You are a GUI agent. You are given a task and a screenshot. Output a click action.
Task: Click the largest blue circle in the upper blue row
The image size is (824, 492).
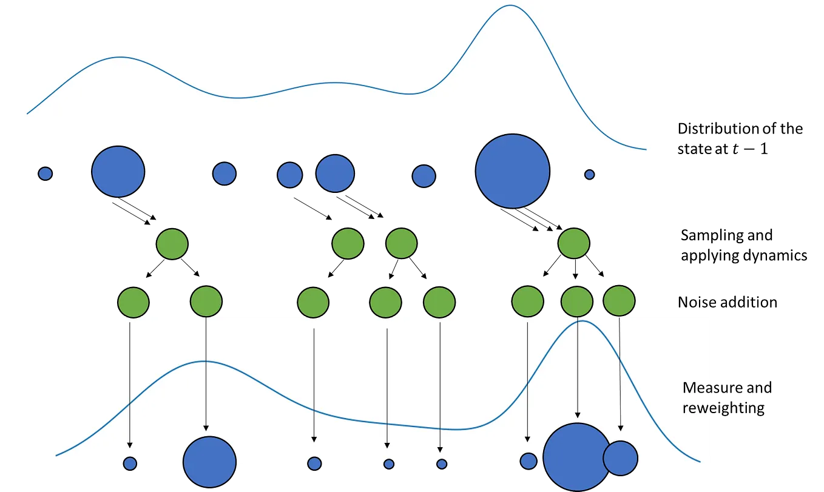pyautogui.click(x=513, y=171)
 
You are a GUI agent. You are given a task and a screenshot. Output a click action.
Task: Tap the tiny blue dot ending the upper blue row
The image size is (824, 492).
pyautogui.click(x=589, y=175)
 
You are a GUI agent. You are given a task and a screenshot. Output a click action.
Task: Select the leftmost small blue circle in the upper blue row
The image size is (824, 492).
pyautogui.click(x=46, y=174)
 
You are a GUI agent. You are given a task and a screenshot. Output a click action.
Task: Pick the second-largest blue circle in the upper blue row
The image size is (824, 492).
pyautogui.click(x=118, y=172)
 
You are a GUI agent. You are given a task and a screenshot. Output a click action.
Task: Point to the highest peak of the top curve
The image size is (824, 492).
pyautogui.click(x=510, y=6)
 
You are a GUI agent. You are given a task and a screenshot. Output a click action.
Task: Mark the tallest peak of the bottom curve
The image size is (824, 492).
pyautogui.click(x=581, y=321)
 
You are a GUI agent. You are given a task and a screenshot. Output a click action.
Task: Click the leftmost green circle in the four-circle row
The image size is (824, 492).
pyautogui.click(x=172, y=244)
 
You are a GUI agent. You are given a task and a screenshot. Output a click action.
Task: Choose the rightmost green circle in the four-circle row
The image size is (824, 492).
pyautogui.click(x=574, y=243)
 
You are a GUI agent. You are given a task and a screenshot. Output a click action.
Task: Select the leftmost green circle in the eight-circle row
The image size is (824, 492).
pyautogui.click(x=133, y=302)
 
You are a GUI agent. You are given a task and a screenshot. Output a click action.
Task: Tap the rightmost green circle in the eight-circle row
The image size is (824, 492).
pyautogui.click(x=619, y=301)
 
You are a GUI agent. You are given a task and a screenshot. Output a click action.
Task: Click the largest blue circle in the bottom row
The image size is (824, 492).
pyautogui.click(x=576, y=456)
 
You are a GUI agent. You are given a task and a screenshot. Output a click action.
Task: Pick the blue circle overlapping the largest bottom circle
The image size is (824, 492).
pyautogui.click(x=621, y=457)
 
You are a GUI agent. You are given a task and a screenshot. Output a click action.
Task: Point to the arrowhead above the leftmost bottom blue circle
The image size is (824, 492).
pyautogui.click(x=130, y=445)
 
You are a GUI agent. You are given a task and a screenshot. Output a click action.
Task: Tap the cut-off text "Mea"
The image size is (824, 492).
pyautogui.click(x=695, y=388)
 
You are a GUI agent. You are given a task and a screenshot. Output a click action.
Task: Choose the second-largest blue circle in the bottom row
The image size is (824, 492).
pyautogui.click(x=210, y=462)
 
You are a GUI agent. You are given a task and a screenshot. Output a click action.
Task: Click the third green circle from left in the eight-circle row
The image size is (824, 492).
pyautogui.click(x=313, y=302)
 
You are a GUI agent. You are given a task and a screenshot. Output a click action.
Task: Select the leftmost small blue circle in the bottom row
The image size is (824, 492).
pyautogui.click(x=130, y=463)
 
